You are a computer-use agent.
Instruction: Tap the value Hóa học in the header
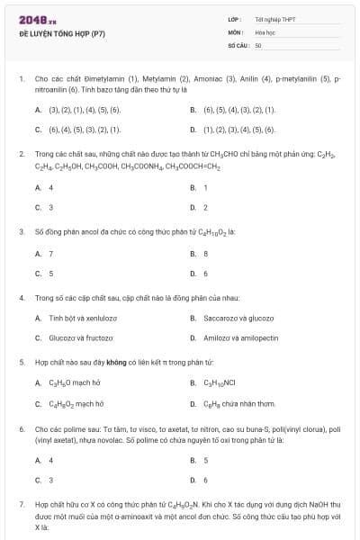pyautogui.click(x=264, y=31)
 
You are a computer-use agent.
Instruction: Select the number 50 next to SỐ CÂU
pyautogui.click(x=258, y=44)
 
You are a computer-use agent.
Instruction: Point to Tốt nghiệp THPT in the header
pyautogui.click(x=275, y=19)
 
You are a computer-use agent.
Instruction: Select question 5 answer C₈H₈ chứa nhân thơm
pyautogui.click(x=238, y=404)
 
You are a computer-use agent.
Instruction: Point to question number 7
pyautogui.click(x=21, y=507)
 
